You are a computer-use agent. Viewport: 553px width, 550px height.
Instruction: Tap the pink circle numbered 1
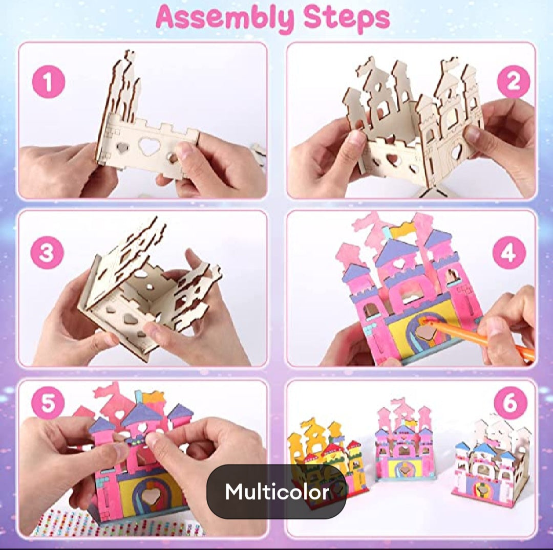click(48, 82)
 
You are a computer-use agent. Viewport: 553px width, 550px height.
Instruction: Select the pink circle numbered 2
click(513, 82)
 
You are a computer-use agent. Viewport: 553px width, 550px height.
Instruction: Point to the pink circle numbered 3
click(47, 253)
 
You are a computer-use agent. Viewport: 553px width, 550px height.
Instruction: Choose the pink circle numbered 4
click(509, 253)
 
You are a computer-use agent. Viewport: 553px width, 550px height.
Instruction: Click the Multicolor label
click(277, 491)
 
